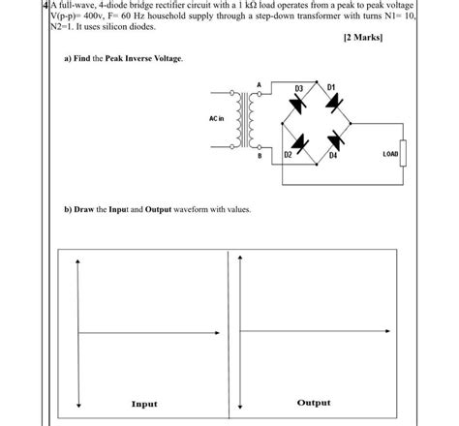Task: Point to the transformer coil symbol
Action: coord(242,122)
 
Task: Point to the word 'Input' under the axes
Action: coord(145,403)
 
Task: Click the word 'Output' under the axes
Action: coord(313,402)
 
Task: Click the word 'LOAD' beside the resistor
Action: coord(390,153)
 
